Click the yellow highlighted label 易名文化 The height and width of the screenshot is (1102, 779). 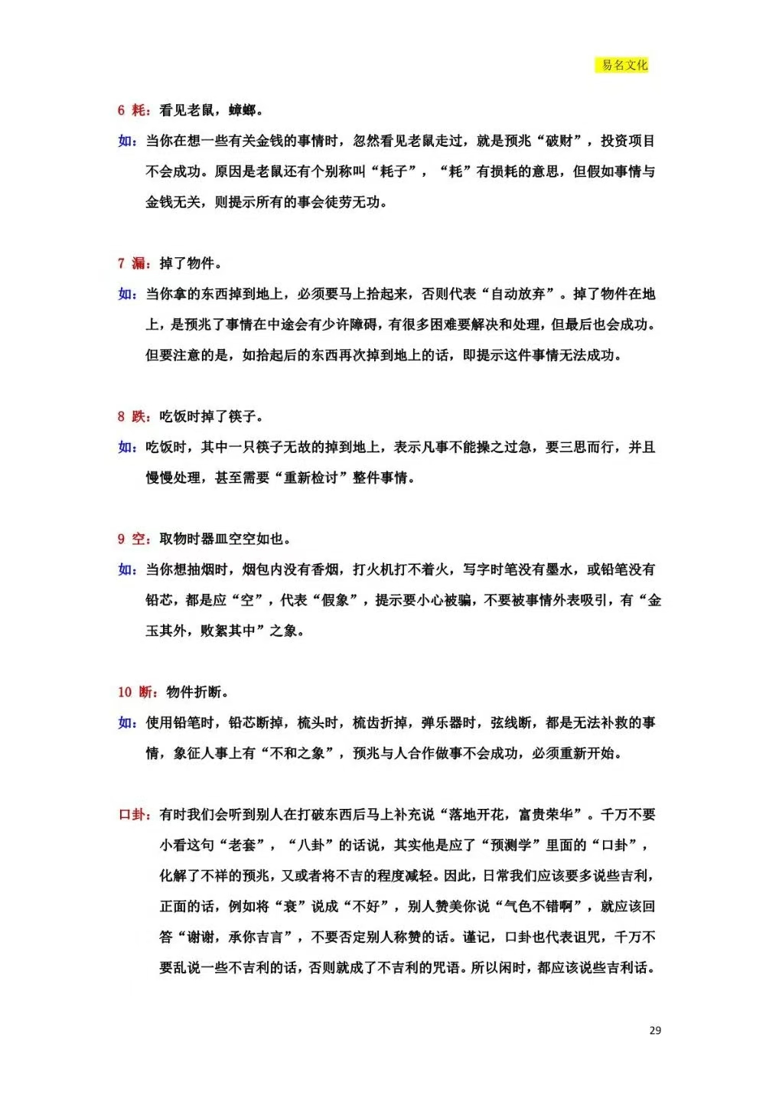click(x=624, y=65)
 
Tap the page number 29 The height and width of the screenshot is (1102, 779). click(x=655, y=1030)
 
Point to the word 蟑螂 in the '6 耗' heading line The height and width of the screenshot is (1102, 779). click(x=242, y=110)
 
